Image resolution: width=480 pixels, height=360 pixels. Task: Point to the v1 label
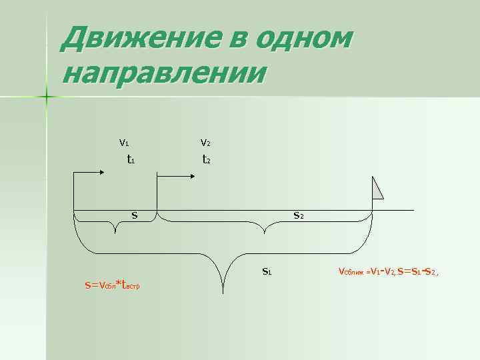(124, 142)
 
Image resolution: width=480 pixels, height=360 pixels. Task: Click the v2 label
(206, 142)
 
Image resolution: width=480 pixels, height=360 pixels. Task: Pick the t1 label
(132, 159)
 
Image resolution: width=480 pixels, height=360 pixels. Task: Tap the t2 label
(207, 159)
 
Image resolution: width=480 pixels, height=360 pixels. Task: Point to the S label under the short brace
(134, 215)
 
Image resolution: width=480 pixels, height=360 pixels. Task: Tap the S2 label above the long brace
(299, 215)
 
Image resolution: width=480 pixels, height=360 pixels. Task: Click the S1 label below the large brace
(266, 271)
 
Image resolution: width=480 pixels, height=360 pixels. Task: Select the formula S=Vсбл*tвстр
(111, 285)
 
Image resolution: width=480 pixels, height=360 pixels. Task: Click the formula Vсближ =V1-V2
(367, 271)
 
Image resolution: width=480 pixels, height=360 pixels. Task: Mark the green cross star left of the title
(47, 97)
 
